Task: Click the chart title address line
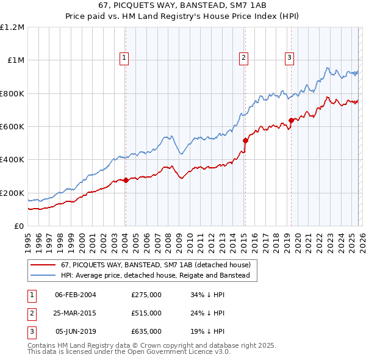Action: [x=183, y=5]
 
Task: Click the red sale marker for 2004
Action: [x=126, y=180]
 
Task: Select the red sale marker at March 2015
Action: [x=245, y=140]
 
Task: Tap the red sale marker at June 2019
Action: [x=291, y=120]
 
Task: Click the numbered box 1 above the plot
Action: [x=124, y=58]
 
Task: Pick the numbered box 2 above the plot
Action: [x=243, y=58]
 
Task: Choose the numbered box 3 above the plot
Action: [x=289, y=58]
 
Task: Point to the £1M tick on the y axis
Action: [x=15, y=60]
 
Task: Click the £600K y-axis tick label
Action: [x=12, y=127]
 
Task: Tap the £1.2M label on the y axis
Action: [x=12, y=27]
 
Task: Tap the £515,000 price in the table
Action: [x=146, y=313]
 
